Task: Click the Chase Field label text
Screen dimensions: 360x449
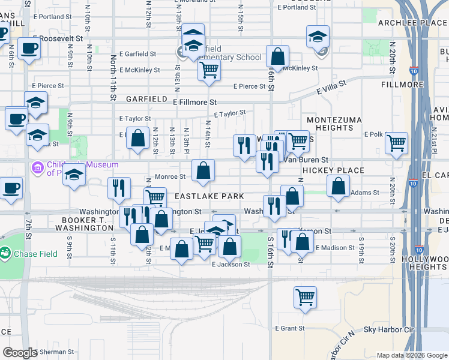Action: [x=37, y=254]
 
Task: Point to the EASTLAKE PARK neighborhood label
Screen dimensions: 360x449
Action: [x=209, y=196]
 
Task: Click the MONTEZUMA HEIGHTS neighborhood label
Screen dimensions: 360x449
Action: [x=330, y=124]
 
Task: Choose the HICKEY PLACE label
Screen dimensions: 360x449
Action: [x=333, y=170]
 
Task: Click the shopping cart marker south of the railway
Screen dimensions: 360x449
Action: [x=305, y=296]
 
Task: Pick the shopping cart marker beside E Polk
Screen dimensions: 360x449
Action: [x=396, y=143]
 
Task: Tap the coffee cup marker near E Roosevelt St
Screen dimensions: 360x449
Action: [x=28, y=48]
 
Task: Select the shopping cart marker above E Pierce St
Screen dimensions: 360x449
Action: [x=209, y=70]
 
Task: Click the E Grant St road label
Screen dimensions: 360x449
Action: [x=291, y=328]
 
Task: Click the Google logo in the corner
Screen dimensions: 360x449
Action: [x=19, y=353]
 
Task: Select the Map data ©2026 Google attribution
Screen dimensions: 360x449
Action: [x=412, y=355]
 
